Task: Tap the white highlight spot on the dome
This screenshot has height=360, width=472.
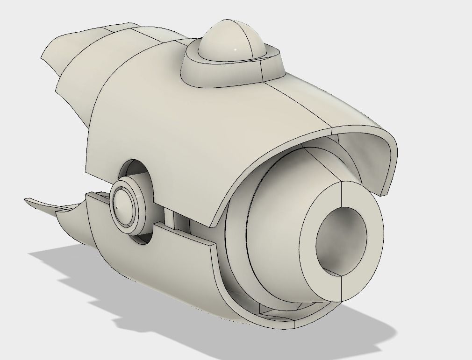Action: [x=236, y=50]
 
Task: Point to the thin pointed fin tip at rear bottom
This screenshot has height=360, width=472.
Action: [x=28, y=201]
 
